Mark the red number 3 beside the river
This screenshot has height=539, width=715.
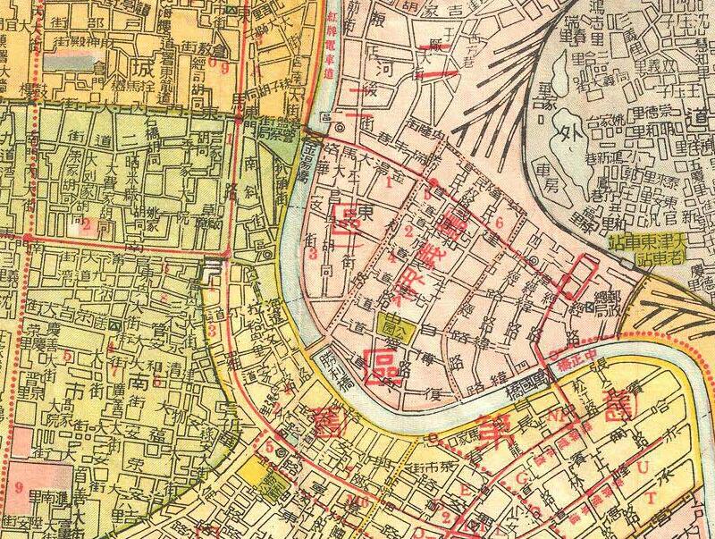[x=313, y=254]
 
